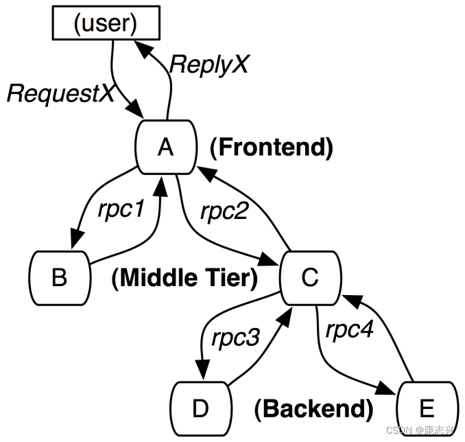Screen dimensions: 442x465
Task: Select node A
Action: coord(165,147)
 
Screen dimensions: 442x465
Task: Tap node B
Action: coord(60,277)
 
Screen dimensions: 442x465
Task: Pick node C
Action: coord(310,277)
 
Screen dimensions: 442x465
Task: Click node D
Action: coord(200,408)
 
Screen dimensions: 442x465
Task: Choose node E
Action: coord(426,409)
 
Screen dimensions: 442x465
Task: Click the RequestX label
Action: coord(60,94)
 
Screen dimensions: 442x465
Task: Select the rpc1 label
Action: coord(121,210)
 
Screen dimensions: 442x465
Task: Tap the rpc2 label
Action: coord(224,210)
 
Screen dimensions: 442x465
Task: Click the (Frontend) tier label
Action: coord(271,148)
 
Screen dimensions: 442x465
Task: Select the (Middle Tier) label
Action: coord(184,278)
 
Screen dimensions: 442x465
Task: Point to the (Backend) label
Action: coord(313,409)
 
